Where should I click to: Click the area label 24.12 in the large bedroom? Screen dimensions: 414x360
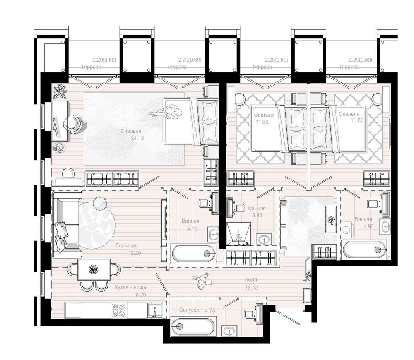(137, 138)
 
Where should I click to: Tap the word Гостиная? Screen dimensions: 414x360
(127, 246)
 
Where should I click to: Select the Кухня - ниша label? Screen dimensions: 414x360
(130, 287)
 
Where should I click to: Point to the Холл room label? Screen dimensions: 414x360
(250, 279)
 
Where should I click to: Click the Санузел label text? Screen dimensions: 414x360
(189, 310)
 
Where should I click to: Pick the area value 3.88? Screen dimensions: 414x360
(257, 215)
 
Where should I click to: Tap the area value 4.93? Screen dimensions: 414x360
(368, 226)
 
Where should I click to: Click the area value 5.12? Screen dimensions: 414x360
(192, 229)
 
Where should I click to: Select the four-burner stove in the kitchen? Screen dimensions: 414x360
(118, 310)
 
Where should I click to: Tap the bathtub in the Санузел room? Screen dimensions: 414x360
(193, 326)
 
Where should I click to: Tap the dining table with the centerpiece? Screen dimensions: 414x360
(94, 269)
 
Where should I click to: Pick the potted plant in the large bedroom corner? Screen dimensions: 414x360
(60, 91)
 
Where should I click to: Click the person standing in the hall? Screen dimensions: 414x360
(203, 281)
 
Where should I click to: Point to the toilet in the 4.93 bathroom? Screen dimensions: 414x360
(375, 204)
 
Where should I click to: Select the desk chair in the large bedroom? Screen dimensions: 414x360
(72, 123)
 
